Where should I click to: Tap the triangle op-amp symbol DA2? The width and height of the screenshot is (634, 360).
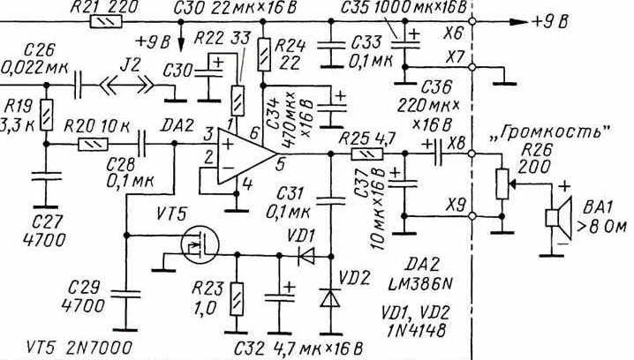point(248,155)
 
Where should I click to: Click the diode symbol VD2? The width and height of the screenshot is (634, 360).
point(331,299)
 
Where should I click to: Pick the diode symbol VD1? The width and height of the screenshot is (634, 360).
point(306,255)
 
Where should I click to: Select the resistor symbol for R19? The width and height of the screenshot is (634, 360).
point(45,114)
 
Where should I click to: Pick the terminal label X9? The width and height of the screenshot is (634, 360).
point(457,206)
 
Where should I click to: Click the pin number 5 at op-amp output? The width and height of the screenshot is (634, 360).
point(278,163)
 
